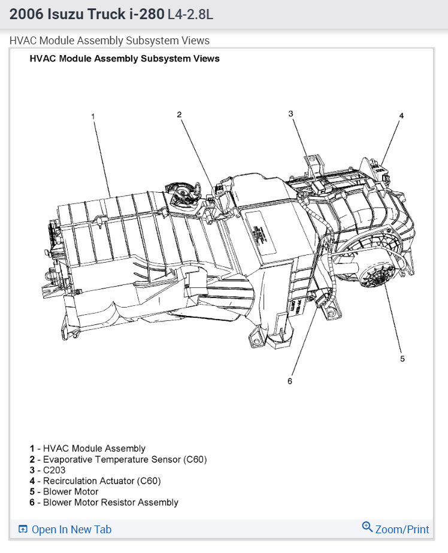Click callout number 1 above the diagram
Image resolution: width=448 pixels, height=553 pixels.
pos(93,116)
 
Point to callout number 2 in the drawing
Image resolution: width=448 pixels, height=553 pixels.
pos(178,114)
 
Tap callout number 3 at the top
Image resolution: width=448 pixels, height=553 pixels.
pos(290,114)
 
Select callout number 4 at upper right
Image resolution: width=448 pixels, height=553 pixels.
pos(401,116)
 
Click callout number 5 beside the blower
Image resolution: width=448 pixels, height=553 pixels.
pos(402,358)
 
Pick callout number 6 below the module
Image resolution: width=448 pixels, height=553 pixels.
pos(290,381)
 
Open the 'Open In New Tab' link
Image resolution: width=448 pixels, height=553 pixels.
pos(71,529)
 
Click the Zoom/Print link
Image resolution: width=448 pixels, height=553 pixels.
pos(402,529)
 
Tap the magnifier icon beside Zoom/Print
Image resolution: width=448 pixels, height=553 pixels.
pos(367,527)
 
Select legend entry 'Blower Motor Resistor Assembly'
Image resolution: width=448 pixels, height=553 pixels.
pos(111,502)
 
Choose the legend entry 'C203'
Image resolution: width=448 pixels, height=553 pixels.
pos(55,470)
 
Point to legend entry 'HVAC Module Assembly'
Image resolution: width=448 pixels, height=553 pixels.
pos(94,448)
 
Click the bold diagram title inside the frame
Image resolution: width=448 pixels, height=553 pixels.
pos(125,59)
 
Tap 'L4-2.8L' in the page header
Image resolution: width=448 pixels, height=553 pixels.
pos(190,14)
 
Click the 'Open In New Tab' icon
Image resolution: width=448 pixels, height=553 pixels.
pos(23,529)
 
